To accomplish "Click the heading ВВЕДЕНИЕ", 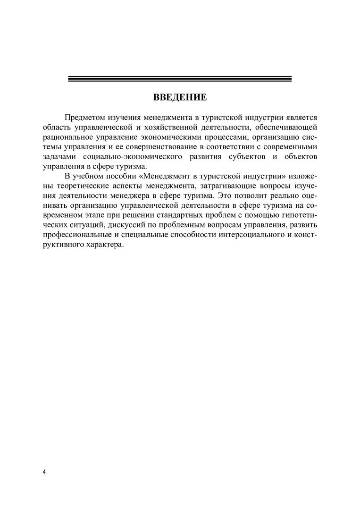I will click(x=180, y=98).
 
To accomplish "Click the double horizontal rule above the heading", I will click(x=180, y=79).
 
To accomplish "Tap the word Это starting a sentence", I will click(x=227, y=196).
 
